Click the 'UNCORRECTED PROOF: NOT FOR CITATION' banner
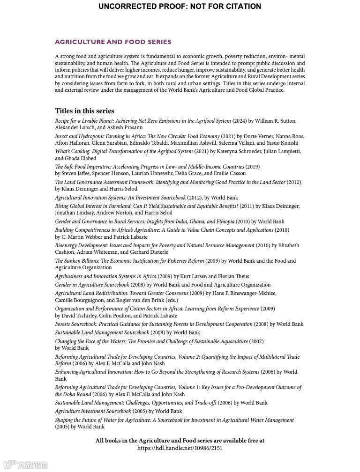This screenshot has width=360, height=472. click(x=180, y=7)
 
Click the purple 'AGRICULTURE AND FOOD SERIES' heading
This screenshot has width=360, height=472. click(x=113, y=42)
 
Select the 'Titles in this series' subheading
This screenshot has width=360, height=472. click(x=84, y=111)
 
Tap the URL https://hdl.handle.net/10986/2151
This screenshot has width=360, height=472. click(x=180, y=448)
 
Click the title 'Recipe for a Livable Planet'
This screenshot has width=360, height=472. click(x=85, y=121)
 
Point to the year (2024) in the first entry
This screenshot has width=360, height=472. click(x=240, y=121)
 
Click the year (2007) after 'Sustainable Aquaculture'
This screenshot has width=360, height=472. click(x=256, y=341)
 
